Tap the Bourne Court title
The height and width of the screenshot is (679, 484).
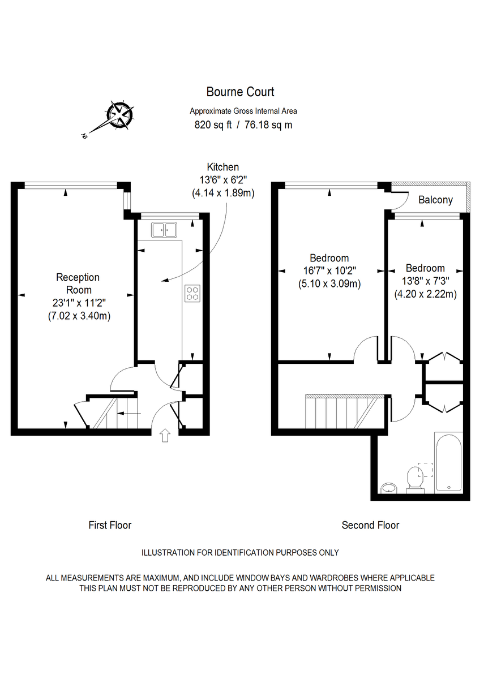[x=240, y=92]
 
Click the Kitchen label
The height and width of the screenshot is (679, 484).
[x=222, y=167]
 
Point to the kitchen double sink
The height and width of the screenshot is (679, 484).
[x=164, y=229]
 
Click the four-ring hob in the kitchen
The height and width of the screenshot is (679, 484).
[x=192, y=293]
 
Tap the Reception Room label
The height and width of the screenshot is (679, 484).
[x=78, y=283]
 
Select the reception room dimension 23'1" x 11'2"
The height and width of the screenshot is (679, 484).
[x=79, y=303]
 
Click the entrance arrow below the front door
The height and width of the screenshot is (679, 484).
[x=165, y=435]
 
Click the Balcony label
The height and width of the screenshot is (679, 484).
[x=435, y=200]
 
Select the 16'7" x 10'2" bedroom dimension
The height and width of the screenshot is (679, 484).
[x=329, y=270]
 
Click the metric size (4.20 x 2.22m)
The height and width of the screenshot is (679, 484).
[x=425, y=294]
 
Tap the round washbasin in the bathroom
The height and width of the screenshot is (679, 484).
[x=389, y=487]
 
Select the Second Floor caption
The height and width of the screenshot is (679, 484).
[x=370, y=525]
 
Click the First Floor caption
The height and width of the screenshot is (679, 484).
[x=110, y=525]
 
